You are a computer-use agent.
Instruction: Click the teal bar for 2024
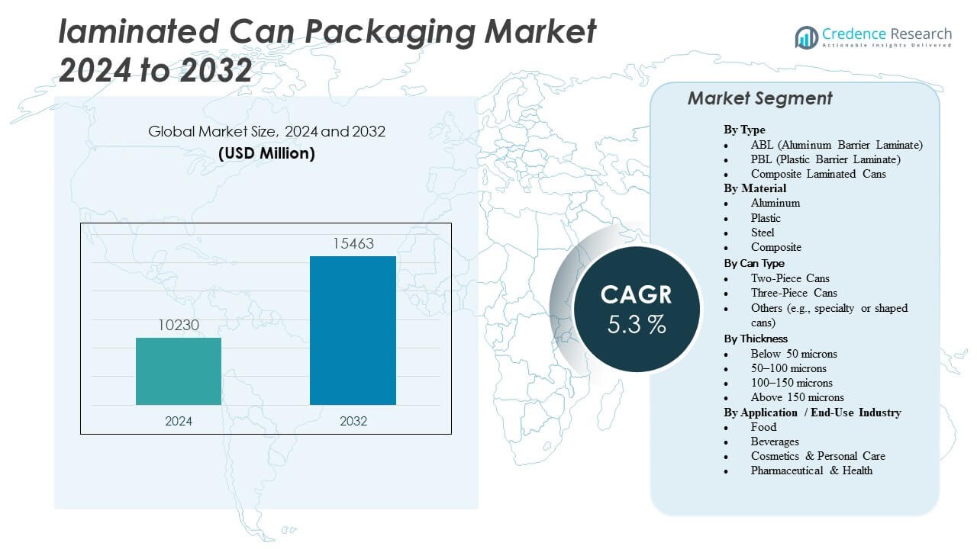click(179, 371)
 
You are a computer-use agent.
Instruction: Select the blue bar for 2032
click(353, 330)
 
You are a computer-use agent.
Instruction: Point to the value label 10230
click(179, 325)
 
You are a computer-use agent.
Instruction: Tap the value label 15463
click(353, 244)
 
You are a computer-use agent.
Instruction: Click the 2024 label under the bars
click(179, 421)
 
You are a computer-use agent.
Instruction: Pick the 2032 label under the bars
click(353, 421)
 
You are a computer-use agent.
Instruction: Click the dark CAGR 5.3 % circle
click(637, 309)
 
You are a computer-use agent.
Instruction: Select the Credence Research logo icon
click(806, 37)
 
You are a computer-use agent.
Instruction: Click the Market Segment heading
click(759, 98)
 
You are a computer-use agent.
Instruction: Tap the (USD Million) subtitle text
click(266, 153)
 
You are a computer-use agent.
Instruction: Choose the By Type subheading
click(744, 130)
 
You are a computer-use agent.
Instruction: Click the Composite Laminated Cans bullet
click(808, 174)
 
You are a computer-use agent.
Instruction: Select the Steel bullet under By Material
click(762, 233)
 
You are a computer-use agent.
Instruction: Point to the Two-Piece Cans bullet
click(790, 278)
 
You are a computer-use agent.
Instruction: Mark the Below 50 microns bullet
click(794, 354)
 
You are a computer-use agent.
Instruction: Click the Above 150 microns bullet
click(797, 397)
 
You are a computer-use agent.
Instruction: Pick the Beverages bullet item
click(775, 441)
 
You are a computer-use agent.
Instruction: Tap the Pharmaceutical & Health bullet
click(811, 470)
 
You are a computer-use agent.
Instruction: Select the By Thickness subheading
click(756, 339)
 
